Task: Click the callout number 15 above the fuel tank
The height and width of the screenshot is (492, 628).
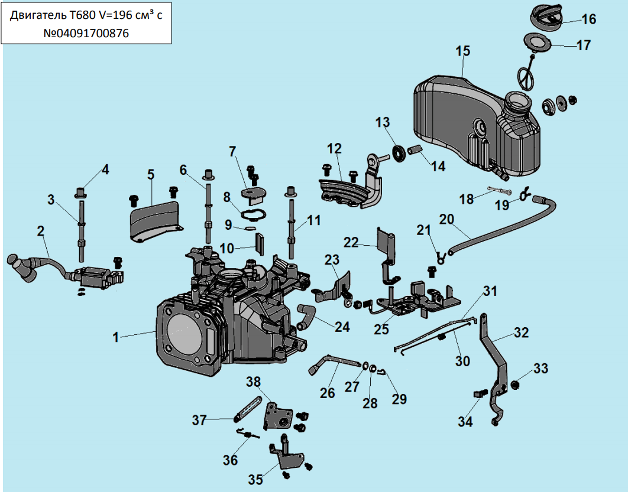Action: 462,51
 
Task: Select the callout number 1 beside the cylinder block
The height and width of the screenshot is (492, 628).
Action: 116,337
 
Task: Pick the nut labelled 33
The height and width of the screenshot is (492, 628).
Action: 514,385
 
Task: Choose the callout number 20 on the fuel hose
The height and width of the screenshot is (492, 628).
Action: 446,220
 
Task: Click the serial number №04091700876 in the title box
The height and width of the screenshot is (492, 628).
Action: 86,34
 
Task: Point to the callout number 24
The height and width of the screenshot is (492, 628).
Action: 342,326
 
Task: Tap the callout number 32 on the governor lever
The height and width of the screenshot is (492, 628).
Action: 520,333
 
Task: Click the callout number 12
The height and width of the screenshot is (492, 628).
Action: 335,148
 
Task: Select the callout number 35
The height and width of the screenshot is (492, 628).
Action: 255,480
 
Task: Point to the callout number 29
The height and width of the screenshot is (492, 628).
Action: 399,399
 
